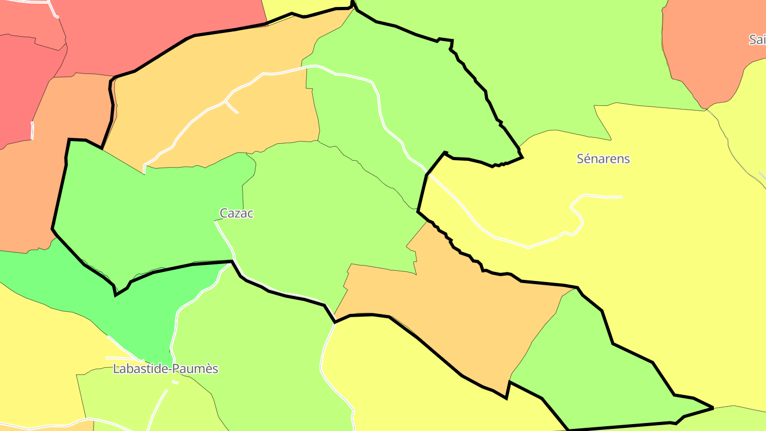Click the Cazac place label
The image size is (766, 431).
coord(237,213)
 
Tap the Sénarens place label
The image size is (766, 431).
coord(603,159)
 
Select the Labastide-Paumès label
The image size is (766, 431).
coord(165,369)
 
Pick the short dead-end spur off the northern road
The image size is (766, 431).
coord(232,107)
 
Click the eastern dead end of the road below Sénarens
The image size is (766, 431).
coord(621,197)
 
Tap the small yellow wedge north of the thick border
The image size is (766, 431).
coord(298,6)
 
